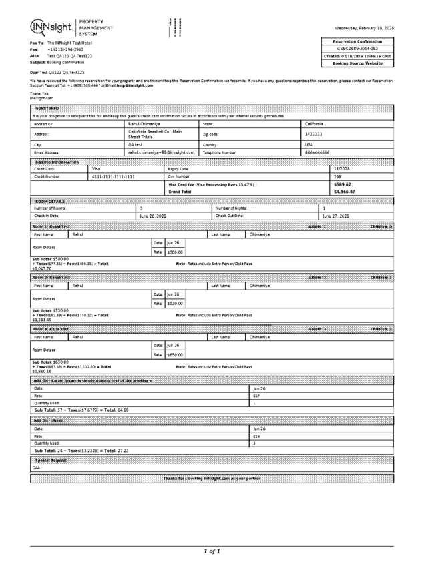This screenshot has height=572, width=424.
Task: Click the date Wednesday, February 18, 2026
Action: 365,28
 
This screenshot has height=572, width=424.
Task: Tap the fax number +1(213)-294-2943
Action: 65,49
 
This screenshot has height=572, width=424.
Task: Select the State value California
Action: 315,124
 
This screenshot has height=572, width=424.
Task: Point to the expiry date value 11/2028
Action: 342,169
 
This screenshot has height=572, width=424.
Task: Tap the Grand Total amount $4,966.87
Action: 345,192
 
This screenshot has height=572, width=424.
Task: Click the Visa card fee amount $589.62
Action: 342,184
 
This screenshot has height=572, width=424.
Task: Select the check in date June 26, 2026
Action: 153,216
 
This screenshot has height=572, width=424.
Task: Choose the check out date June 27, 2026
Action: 336,216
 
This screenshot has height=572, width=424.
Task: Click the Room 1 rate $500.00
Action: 175,252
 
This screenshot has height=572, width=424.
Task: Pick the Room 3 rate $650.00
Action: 175,355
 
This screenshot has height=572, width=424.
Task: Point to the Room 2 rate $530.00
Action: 175,304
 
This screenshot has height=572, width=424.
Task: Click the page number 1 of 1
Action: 212,551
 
